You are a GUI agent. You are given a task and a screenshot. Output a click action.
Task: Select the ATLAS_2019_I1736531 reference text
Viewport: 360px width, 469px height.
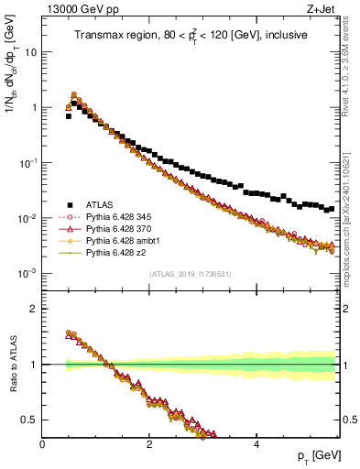(x=189, y=274)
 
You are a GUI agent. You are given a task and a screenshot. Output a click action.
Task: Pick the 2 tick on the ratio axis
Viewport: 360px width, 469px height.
(x=34, y=309)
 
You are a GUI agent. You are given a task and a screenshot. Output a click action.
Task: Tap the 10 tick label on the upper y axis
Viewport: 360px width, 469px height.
(x=30, y=51)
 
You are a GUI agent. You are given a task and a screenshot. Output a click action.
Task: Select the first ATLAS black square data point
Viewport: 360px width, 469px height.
(x=69, y=116)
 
